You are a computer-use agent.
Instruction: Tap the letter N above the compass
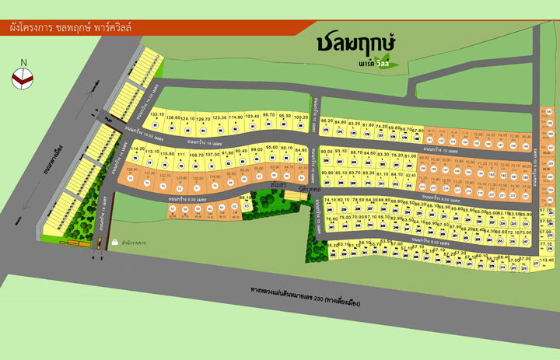click(24, 62)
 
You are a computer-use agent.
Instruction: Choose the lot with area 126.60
click(173, 123)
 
